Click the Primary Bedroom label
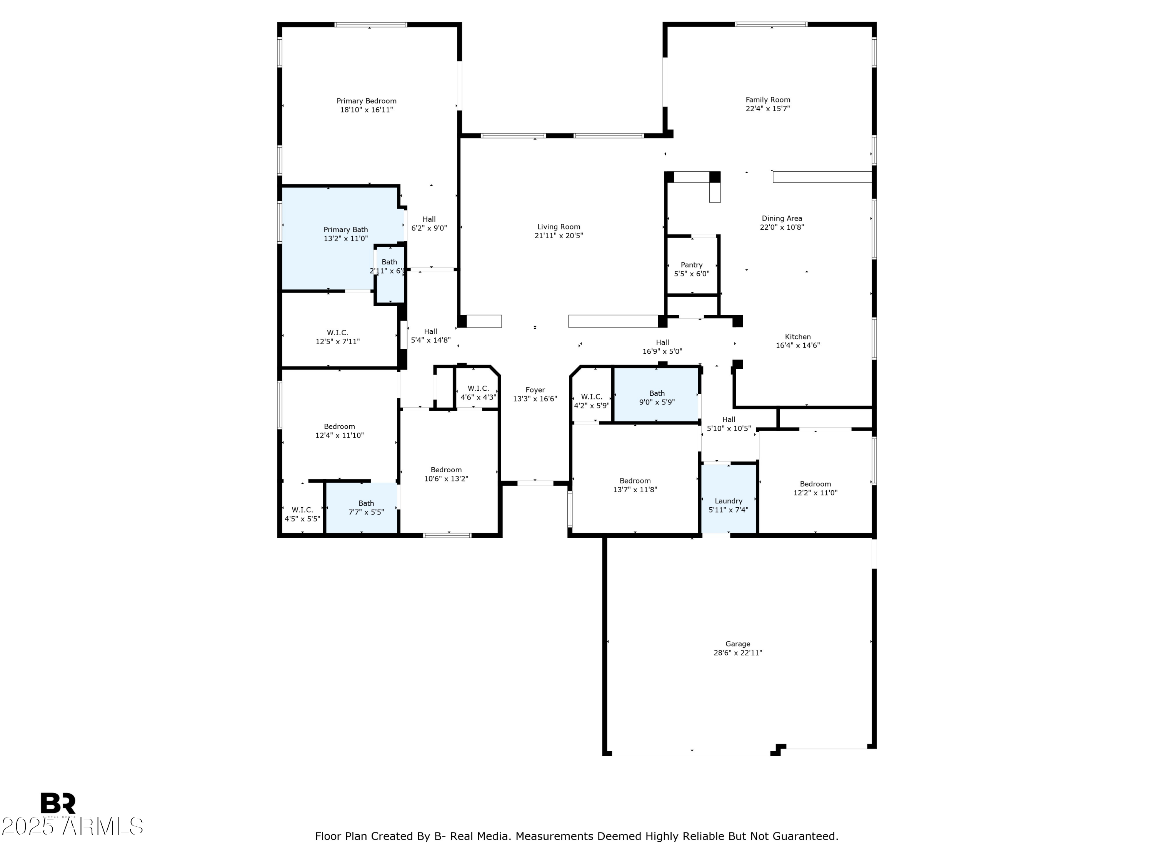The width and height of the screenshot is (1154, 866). tap(366, 101)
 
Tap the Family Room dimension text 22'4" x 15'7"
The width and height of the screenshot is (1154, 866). tap(768, 109)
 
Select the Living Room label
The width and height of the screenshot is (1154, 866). tap(559, 227)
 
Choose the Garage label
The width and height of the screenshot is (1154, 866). tap(738, 644)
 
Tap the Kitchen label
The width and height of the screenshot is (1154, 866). tap(798, 337)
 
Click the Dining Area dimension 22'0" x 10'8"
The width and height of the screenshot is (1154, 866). tap(782, 227)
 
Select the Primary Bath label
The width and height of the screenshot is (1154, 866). tap(345, 230)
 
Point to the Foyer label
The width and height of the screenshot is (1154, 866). tap(535, 390)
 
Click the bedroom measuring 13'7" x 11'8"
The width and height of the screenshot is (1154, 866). tap(635, 479)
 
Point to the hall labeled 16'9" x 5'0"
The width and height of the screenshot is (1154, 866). tap(662, 347)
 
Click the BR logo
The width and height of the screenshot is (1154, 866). tap(58, 803)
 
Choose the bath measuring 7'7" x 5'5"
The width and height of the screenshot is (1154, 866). tap(362, 507)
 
